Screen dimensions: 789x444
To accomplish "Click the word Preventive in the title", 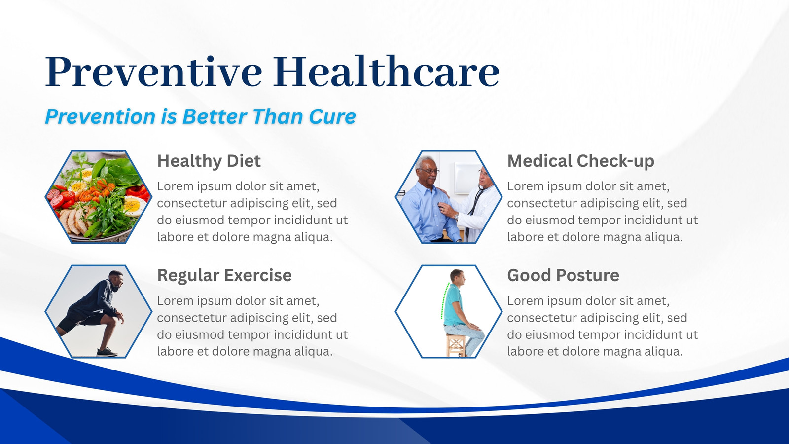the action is (153, 72).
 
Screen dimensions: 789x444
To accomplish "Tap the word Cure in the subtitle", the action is (332, 116).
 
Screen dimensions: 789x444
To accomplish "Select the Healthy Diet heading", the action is (209, 161).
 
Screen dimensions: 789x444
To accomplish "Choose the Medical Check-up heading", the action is (580, 161).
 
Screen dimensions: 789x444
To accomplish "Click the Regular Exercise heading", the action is (224, 275).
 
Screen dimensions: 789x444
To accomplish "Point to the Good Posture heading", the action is (563, 275).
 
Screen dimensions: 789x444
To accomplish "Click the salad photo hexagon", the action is (99, 197).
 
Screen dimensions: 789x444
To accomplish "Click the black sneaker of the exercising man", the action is (107, 352).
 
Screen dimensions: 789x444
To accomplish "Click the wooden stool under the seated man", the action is (456, 345).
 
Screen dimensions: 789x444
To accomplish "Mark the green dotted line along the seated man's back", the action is (444, 300).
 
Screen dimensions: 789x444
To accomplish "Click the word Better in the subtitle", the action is (215, 116).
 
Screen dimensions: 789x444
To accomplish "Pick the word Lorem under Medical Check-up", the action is (525, 186).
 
